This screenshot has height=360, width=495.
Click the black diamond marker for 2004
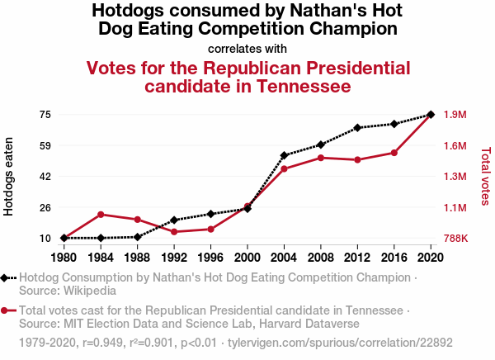(x=284, y=155)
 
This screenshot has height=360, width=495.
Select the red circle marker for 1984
(x=101, y=215)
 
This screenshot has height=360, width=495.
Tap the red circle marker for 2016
(x=394, y=153)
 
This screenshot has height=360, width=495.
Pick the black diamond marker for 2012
(x=357, y=128)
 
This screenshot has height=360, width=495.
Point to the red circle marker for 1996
(x=210, y=229)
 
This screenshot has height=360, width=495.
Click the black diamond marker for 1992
(x=174, y=220)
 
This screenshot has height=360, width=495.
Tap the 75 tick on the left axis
(x=45, y=115)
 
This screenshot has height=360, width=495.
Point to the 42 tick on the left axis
(x=45, y=176)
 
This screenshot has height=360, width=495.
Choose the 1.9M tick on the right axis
(x=455, y=115)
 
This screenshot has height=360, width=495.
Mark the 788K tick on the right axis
(x=455, y=239)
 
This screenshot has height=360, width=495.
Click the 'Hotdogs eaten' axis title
(x=9, y=177)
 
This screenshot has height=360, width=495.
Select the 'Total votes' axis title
(x=486, y=176)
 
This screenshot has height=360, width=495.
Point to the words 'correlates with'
(x=247, y=48)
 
